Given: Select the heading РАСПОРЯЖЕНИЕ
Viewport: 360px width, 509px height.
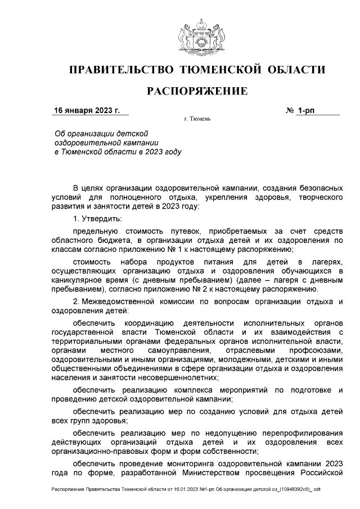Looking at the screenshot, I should tap(197, 91).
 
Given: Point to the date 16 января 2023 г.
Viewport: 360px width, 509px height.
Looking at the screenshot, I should tap(87, 111).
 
